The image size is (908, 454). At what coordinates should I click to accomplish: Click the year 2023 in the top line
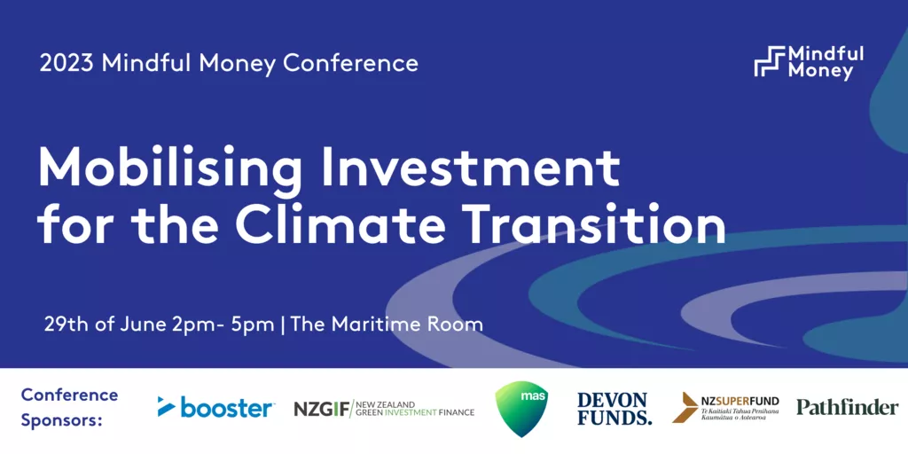66,63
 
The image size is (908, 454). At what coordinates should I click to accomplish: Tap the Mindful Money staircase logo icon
769,61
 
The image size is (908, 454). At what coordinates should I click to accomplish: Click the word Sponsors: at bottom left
62,419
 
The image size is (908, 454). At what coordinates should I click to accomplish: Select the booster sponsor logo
216,406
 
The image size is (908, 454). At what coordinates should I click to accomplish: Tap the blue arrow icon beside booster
167,406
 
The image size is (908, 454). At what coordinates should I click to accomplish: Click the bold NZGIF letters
321,409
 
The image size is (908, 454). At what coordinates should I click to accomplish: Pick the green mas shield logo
521,408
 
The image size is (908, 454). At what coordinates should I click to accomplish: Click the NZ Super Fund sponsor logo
725,408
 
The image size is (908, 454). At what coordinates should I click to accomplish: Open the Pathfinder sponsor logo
847,407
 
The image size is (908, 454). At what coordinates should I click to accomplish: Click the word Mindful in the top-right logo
826,54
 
